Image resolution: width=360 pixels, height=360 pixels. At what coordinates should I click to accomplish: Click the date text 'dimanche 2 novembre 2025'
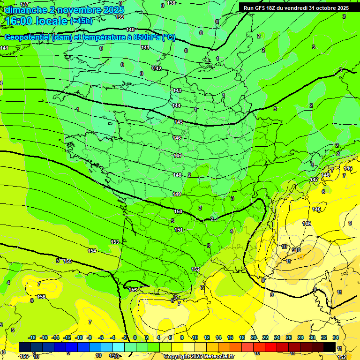pyautogui.click(x=64, y=10)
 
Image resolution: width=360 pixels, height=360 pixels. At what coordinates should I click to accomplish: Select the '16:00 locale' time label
pyautogui.click(x=37, y=21)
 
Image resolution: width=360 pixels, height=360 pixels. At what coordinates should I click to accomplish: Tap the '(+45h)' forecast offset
pyautogui.click(x=81, y=21)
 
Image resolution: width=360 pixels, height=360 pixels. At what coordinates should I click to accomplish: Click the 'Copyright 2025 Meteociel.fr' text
pyautogui.click(x=199, y=356)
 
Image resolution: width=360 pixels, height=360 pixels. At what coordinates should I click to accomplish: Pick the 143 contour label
pyautogui.click(x=177, y=90)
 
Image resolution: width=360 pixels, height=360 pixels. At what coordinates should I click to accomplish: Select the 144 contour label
pyautogui.click(x=176, y=105)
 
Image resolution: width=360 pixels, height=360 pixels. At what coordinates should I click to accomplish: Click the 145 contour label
pyautogui.click(x=179, y=122)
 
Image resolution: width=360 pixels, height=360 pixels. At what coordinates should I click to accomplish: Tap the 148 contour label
pyautogui.click(x=177, y=175)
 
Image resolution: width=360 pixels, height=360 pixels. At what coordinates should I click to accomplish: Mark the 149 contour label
pyautogui.click(x=177, y=194)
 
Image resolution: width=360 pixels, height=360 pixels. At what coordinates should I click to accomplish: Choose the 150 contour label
pyautogui.click(x=178, y=211)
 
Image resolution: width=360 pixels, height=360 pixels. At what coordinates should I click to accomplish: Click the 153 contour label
pyautogui.click(x=115, y=242)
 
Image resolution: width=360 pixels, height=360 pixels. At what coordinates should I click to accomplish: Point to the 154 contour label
pyautogui.click(x=92, y=251)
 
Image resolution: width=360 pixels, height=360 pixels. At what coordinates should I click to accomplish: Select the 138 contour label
pyautogui.click(x=171, y=3)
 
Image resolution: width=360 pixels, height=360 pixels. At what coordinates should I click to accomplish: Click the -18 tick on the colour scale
pyautogui.click(x=32, y=337)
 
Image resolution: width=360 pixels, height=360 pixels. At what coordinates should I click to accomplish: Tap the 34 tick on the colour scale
pyautogui.click(x=336, y=337)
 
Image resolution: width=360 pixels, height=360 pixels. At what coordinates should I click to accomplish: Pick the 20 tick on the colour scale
pyautogui.click(x=254, y=337)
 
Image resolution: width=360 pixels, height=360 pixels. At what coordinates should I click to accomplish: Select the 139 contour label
pyautogui.click(x=120, y=17)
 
